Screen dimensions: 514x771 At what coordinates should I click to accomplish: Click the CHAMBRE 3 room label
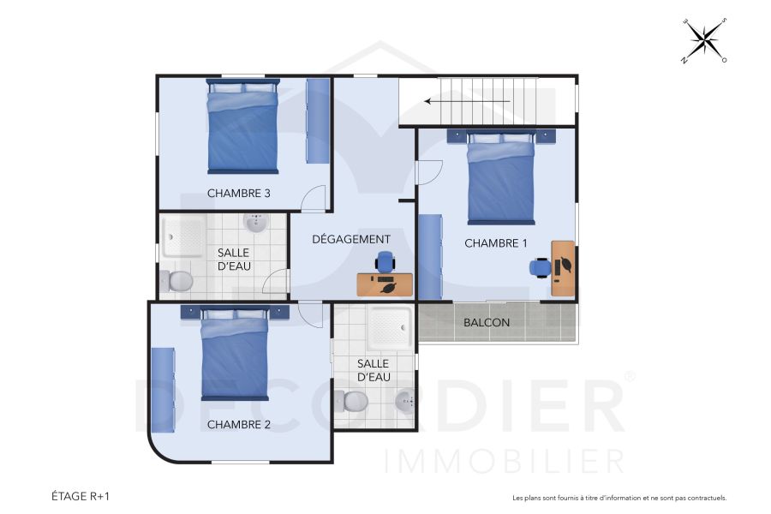239,194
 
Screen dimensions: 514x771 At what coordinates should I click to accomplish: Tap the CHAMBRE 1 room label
496,243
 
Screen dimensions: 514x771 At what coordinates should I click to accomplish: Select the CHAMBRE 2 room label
239,424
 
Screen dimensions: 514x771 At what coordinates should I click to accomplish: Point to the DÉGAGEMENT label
351,239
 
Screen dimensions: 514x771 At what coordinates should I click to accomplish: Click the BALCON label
487,323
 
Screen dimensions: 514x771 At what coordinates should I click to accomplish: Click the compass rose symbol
705,39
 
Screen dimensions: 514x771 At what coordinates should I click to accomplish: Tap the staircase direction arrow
467,101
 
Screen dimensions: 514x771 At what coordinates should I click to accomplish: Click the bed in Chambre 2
235,354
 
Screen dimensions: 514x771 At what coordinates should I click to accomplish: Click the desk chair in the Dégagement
385,261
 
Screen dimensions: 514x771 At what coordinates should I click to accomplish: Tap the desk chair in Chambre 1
540,267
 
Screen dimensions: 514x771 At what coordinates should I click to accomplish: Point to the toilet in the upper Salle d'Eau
179,280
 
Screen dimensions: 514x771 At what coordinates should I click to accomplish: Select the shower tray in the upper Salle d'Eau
184,235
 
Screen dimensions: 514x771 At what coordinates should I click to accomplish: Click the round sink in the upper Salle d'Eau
255,224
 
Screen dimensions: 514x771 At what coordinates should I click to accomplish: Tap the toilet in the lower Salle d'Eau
353,400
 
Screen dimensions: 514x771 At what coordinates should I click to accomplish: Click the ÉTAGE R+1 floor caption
81,496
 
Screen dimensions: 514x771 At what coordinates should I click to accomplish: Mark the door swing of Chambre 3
314,199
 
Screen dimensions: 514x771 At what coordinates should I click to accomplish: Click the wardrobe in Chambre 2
163,390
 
